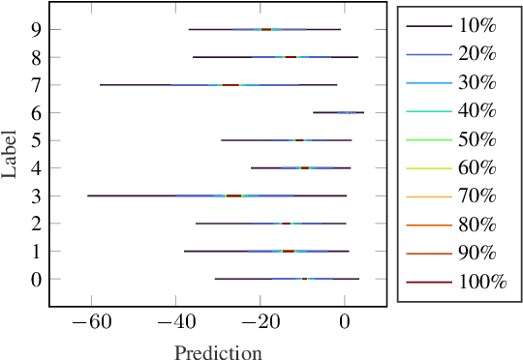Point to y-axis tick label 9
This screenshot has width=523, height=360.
point(36,30)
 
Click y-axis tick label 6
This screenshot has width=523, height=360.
point(36,113)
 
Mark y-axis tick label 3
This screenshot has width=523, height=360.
point(36,196)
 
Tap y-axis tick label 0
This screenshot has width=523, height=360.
point(36,280)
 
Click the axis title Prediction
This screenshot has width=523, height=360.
point(218,351)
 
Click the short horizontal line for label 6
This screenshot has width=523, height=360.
point(339,112)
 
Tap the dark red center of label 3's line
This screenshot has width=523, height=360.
point(233,195)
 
